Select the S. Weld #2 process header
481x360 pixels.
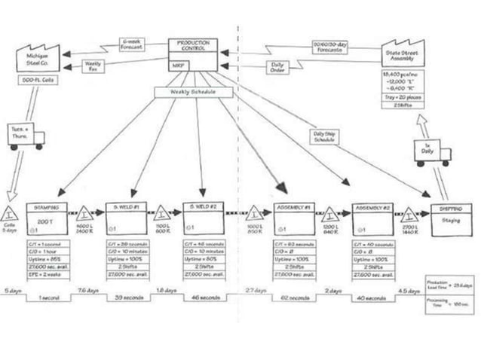[203, 206]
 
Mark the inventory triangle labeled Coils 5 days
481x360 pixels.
[11, 215]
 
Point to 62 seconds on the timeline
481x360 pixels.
[296, 297]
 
